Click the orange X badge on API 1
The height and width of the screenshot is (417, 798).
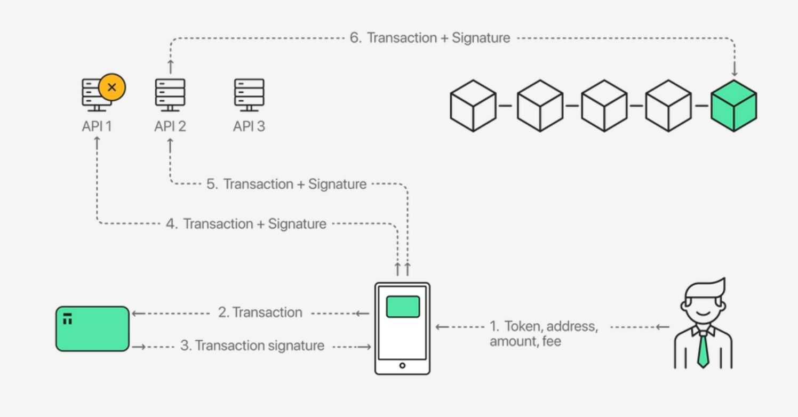pyautogui.click(x=112, y=87)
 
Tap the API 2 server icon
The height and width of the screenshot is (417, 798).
pyautogui.click(x=170, y=94)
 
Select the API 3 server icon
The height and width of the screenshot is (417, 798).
pyautogui.click(x=249, y=94)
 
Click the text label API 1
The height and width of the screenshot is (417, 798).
pyautogui.click(x=96, y=126)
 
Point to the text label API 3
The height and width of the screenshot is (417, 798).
pyautogui.click(x=249, y=126)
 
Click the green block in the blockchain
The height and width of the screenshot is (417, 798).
pyautogui.click(x=733, y=105)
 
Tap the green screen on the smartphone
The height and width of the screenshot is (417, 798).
pyautogui.click(x=403, y=307)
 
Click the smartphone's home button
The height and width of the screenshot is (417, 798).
pyautogui.click(x=402, y=365)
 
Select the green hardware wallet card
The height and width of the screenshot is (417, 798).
pyautogui.click(x=92, y=328)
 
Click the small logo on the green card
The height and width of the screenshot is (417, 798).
pyautogui.click(x=67, y=319)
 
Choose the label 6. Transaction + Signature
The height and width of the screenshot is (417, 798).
pyautogui.click(x=430, y=38)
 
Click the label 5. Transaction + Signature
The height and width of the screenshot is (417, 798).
pyautogui.click(x=286, y=184)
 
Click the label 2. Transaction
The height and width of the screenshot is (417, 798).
pyautogui.click(x=260, y=312)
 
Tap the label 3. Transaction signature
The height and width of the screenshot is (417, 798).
pyautogui.click(x=252, y=346)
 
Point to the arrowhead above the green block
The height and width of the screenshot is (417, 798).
pyautogui.click(x=734, y=72)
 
